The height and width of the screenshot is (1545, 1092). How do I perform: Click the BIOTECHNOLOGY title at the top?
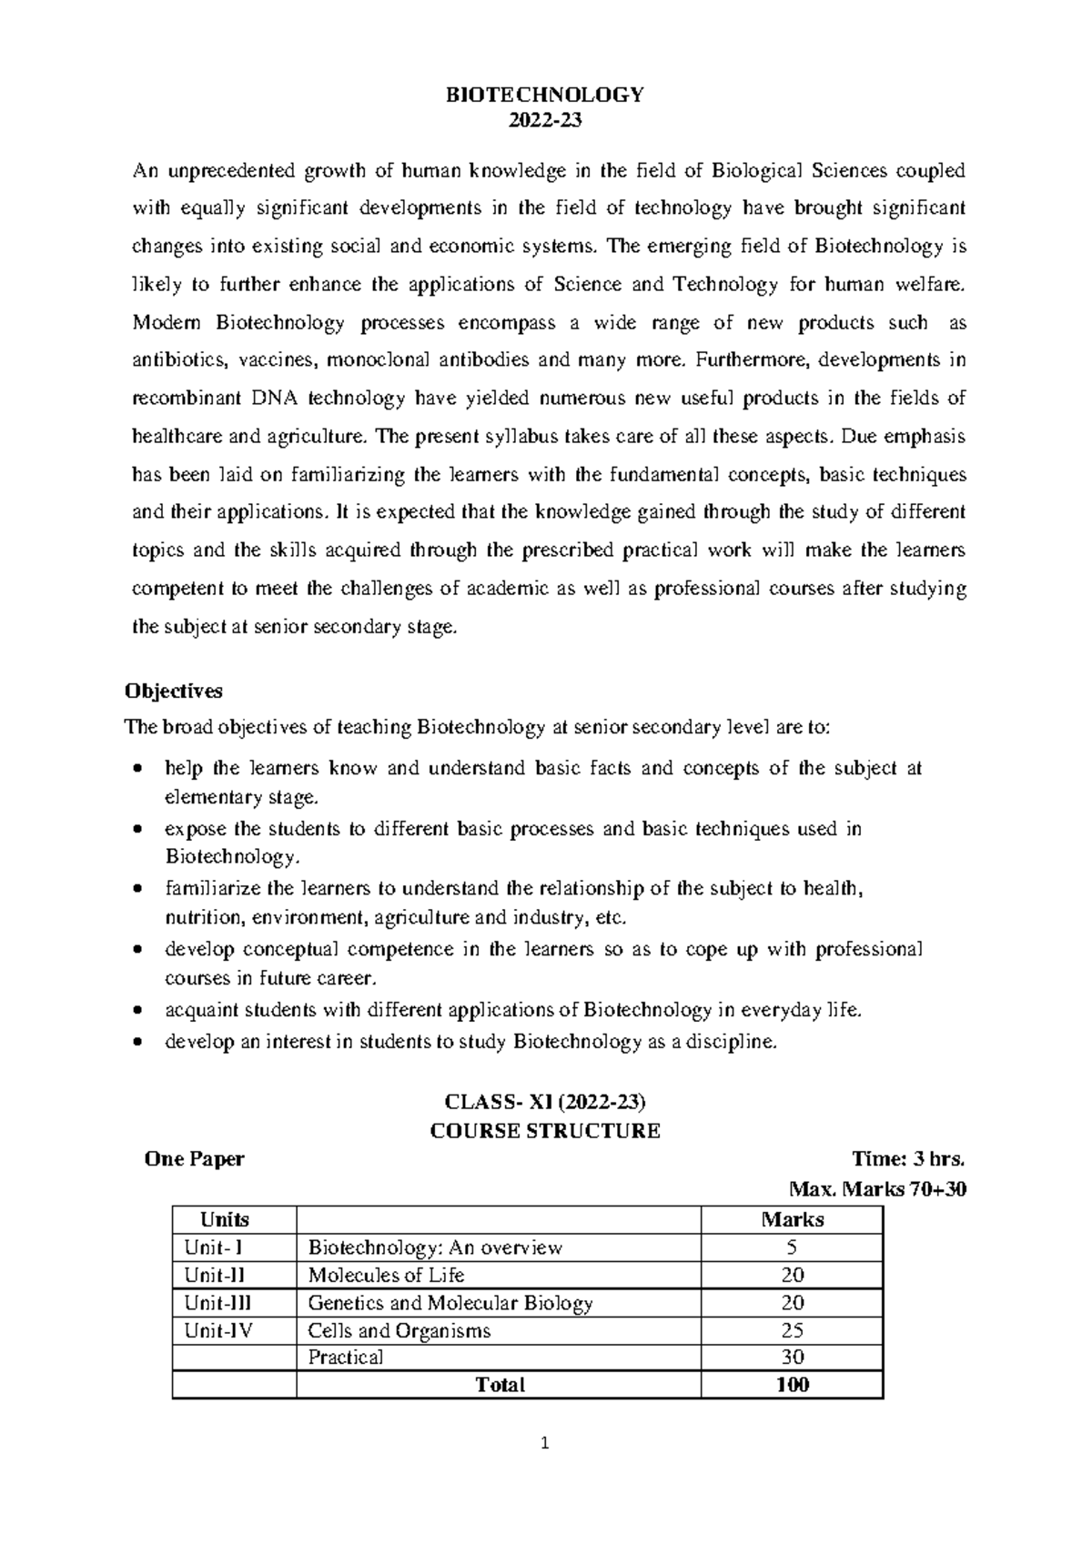pos(544,96)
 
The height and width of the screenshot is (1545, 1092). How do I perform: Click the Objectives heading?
pos(173,691)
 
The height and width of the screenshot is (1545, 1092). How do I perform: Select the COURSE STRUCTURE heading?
pos(544,1131)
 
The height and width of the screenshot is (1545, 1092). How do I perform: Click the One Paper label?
pos(195,1159)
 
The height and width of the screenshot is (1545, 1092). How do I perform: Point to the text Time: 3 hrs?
pos(907,1159)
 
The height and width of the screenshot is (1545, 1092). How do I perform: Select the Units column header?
pos(224,1219)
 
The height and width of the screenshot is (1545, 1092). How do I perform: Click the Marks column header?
pos(792,1219)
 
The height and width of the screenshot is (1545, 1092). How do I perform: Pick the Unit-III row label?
pos(217,1303)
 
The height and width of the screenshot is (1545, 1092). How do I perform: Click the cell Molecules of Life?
pos(386,1275)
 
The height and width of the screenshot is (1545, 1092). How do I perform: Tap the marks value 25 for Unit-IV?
pos(792,1330)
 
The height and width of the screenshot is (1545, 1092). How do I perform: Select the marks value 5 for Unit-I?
pos(792,1247)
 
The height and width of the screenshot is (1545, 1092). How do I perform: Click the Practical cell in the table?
pos(345,1358)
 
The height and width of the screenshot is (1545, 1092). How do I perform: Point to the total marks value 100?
pos(792,1385)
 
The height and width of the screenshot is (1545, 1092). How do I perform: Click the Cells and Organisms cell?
pos(399,1330)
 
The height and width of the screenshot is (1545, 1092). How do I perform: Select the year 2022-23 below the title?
pos(544,121)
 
